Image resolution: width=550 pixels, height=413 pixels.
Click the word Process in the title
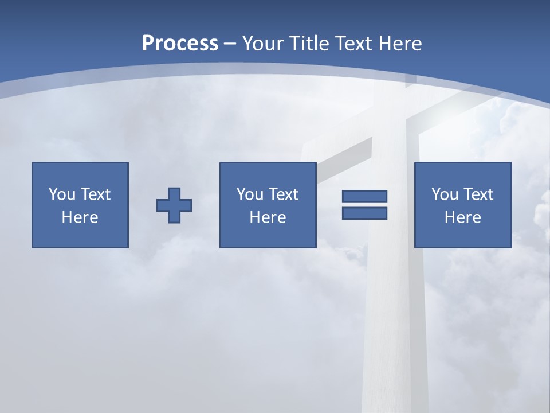180,43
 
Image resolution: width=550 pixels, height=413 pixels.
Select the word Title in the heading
309,43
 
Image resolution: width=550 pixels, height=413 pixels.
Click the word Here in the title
400,43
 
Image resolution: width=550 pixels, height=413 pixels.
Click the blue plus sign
174,205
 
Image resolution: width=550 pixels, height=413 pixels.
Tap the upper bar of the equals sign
364,196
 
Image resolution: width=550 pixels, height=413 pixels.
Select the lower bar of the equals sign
364,213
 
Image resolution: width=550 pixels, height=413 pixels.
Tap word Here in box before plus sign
80,217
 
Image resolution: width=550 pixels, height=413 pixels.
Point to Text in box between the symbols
283,194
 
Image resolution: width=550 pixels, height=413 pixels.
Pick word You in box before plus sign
62,194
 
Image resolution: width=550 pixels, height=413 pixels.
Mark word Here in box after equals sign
463,217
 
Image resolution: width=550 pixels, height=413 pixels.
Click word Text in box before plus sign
95,194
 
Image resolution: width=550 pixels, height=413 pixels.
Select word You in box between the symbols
250,194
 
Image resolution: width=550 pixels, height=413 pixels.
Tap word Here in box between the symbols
268,217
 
